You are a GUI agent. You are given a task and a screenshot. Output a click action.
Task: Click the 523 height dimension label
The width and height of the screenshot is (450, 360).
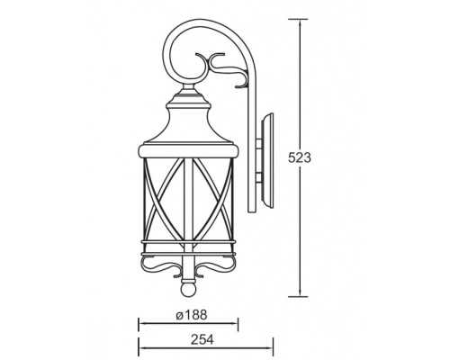click(300, 157)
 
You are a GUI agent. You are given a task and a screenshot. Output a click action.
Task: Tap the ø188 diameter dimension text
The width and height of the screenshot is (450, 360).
click(192, 315)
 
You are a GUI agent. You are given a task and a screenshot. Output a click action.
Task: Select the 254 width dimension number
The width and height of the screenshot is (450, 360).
click(202, 339)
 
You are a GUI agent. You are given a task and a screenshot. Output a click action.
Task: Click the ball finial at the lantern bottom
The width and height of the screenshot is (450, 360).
click(188, 290)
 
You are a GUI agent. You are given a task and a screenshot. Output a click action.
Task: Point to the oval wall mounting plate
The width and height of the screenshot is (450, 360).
click(267, 161)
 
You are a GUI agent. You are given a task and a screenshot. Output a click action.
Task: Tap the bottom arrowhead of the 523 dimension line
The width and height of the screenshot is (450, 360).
click(300, 292)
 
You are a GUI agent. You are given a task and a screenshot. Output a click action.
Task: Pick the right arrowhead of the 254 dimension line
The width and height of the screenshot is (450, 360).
click(269, 348)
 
